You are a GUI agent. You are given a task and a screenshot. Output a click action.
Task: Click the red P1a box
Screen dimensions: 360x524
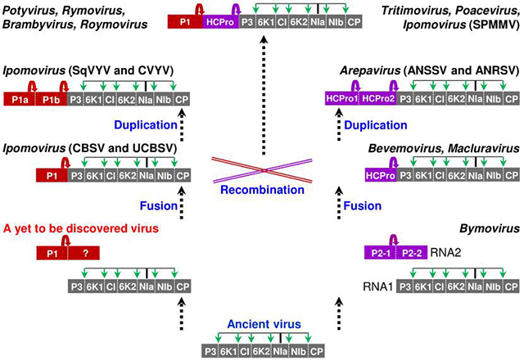coord(20,98)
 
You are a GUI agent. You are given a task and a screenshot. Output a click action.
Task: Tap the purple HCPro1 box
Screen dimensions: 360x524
coord(342,98)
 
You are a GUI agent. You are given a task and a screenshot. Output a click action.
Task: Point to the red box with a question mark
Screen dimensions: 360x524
coord(84,254)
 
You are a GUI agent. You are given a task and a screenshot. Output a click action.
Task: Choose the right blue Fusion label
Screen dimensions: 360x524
coord(362,205)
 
